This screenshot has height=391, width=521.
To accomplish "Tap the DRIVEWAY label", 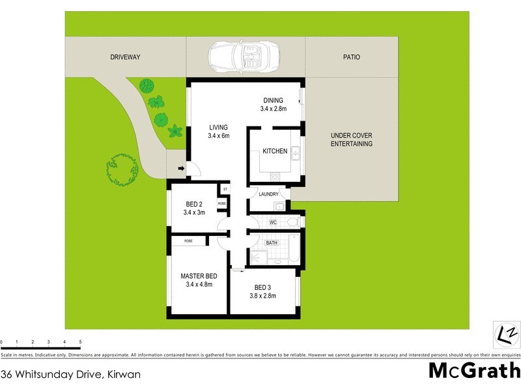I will [x=125, y=57].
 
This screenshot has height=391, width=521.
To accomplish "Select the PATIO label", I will [x=352, y=57].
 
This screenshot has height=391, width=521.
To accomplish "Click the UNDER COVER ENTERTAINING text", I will [x=352, y=139].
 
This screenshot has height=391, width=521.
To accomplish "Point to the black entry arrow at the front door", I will [x=180, y=171].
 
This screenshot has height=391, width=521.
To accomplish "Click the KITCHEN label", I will [x=274, y=151].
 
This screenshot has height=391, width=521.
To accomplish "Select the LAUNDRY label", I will [x=268, y=194].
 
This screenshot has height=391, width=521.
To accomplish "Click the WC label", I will [x=273, y=223].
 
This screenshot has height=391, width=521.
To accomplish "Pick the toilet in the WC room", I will [x=292, y=223].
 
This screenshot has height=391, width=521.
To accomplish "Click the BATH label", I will [x=272, y=243].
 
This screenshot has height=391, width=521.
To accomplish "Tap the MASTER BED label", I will [x=199, y=276].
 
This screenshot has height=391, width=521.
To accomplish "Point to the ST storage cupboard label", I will [x=225, y=190].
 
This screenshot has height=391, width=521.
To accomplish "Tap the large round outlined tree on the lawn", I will [x=122, y=169].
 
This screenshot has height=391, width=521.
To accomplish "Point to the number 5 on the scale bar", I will [x=80, y=342].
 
